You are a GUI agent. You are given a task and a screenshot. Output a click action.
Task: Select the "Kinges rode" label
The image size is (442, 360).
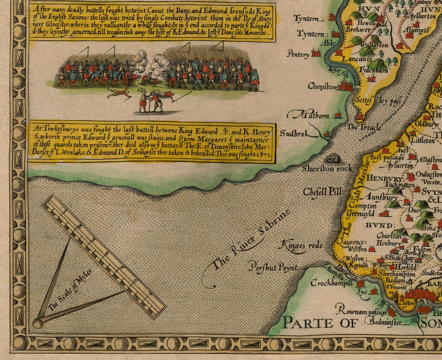coord(297,245)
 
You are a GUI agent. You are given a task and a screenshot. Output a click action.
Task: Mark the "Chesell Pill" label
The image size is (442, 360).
coord(322,192)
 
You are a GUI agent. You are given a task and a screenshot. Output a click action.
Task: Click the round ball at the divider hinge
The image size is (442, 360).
coord(38,323)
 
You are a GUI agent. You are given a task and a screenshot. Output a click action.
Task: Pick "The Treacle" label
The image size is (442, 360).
coord(364,127)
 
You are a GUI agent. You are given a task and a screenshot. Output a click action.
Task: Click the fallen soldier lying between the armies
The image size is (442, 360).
coord(119,92)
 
